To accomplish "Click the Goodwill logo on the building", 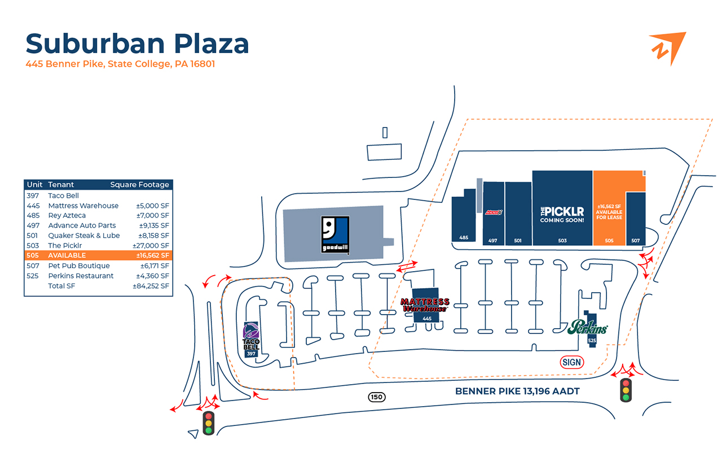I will [x=335, y=234].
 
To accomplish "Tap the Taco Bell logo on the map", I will [x=252, y=336].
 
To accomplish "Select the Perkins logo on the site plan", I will [x=588, y=327].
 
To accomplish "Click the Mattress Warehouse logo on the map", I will [x=425, y=305].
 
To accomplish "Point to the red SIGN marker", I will [x=571, y=362].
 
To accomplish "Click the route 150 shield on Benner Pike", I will [x=377, y=397].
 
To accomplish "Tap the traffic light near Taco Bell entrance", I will [x=209, y=423].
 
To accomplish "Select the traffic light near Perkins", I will [x=626, y=390].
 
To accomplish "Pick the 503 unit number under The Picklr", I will [x=562, y=241].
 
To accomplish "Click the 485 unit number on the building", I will [x=464, y=238].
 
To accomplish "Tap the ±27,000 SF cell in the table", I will [x=151, y=245].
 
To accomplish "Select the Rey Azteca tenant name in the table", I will [x=67, y=215].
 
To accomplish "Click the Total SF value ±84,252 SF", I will [x=151, y=286].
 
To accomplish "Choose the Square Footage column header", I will [x=139, y=185].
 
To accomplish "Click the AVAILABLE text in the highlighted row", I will [x=67, y=255].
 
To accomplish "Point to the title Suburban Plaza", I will [x=137, y=43].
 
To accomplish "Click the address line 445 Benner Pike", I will [x=120, y=64].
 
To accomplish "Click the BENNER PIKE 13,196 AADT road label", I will [x=517, y=391].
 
